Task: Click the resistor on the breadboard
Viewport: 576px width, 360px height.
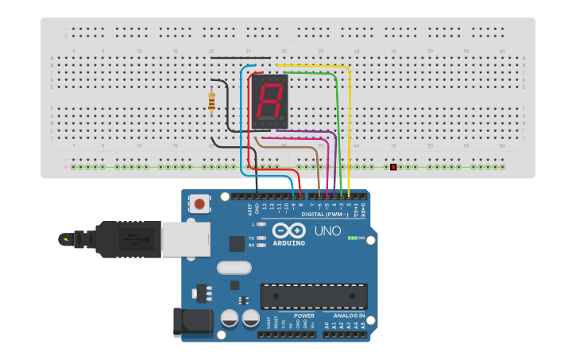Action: pyautogui.click(x=211, y=102)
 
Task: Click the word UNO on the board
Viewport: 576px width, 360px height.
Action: pyautogui.click(x=327, y=231)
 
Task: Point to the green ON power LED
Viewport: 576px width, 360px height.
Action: pyautogui.click(x=352, y=238)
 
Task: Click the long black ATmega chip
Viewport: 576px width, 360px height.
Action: pyautogui.click(x=314, y=296)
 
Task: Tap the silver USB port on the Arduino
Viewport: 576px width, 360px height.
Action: pyautogui.click(x=186, y=238)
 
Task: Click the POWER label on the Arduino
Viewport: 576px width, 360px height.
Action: pyautogui.click(x=282, y=315)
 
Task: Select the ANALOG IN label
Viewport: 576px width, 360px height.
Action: pyautogui.click(x=349, y=315)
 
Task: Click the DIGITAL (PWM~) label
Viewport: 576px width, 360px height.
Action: pyautogui.click(x=327, y=215)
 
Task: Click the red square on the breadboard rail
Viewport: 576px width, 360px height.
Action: pyautogui.click(x=392, y=168)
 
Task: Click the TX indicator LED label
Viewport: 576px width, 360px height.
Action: pyautogui.click(x=251, y=238)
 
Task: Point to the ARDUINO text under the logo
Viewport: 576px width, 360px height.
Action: pyautogui.click(x=288, y=243)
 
